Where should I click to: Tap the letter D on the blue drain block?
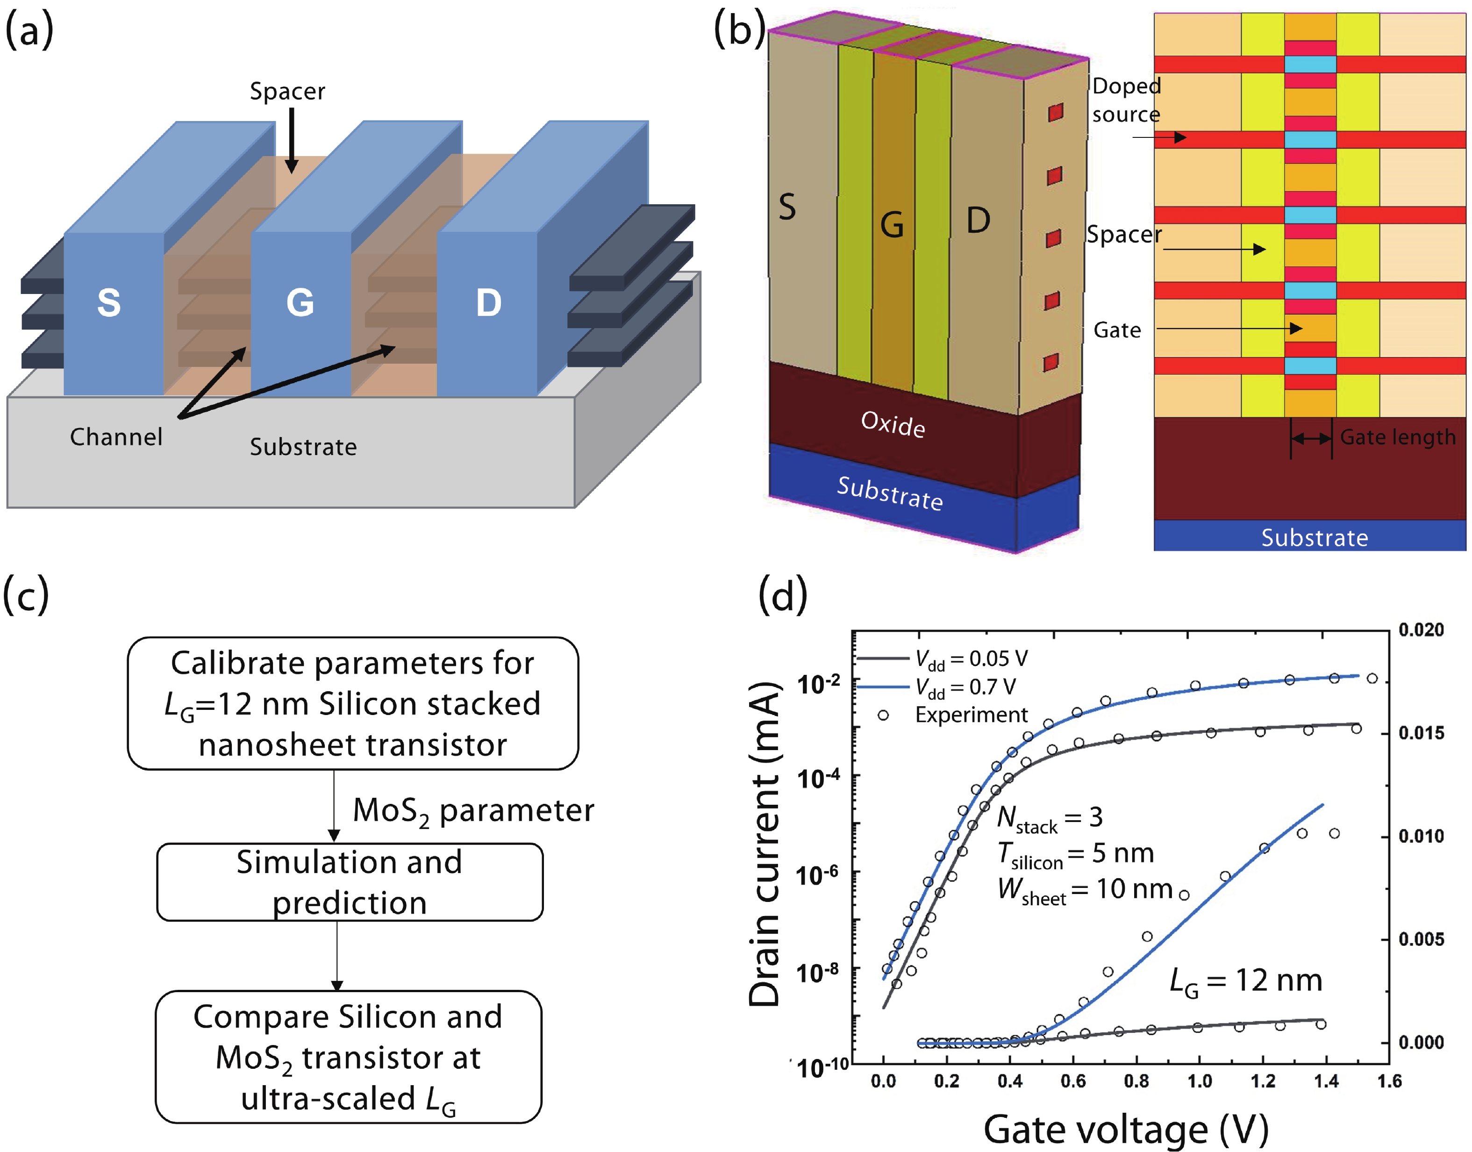coord(489,303)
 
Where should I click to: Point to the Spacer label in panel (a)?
coord(287,91)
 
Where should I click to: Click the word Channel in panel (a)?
coord(116,437)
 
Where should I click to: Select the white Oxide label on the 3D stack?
coord(893,424)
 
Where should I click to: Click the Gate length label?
coord(1397,437)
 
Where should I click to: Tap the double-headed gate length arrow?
coord(1311,438)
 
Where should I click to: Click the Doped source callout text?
coord(1126,100)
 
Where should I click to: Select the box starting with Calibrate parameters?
coord(353,703)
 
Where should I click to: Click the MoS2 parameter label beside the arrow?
coord(473,811)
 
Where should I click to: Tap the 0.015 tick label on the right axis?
coord(1421,733)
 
